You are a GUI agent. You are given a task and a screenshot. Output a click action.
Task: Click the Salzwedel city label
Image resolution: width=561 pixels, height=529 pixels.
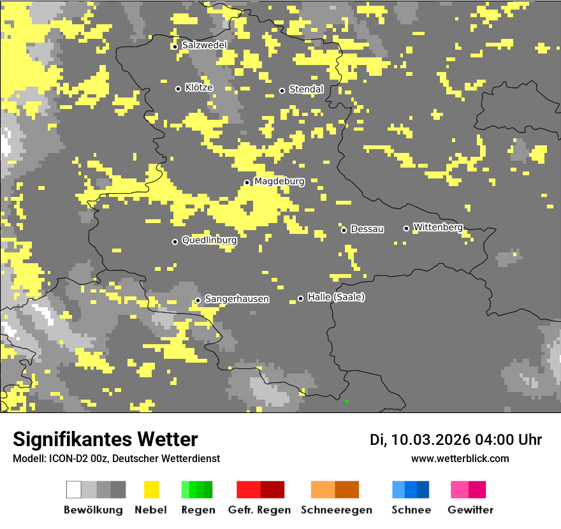[x=204, y=45]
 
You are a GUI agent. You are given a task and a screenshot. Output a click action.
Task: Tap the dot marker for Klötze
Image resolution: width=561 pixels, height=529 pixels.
[x=178, y=89]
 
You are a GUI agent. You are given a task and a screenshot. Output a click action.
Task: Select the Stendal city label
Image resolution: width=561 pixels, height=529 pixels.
[x=306, y=89]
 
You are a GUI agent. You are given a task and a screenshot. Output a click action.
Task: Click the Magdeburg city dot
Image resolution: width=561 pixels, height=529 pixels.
[x=247, y=182]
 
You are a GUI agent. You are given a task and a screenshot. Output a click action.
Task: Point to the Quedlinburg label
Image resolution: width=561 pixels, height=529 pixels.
[x=209, y=240]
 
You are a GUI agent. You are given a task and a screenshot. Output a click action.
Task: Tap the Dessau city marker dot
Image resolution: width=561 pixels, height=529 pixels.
[x=344, y=230]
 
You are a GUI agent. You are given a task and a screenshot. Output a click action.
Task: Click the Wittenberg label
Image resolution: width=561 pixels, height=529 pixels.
[x=438, y=227]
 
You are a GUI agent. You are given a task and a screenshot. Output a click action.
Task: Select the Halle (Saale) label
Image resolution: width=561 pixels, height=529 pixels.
[x=336, y=297]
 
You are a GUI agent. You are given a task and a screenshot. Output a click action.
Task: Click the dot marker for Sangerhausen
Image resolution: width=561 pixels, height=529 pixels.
[x=198, y=300]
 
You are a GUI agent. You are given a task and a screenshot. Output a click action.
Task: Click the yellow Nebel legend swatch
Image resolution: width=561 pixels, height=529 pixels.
[x=151, y=489]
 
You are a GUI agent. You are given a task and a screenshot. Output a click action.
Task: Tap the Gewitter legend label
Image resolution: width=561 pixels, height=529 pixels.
[x=470, y=510]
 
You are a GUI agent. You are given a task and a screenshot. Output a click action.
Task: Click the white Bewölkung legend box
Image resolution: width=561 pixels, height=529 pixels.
[x=74, y=489]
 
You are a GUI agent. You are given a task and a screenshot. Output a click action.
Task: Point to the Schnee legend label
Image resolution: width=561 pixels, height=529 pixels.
[x=411, y=510]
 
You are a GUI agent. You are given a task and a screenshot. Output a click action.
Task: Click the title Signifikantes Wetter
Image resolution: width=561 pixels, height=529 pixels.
[x=105, y=439]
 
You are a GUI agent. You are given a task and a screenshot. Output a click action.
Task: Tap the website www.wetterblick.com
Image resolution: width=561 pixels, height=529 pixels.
[x=460, y=458]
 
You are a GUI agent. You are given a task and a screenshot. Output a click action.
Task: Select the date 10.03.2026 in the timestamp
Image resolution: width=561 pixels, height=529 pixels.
[x=430, y=440]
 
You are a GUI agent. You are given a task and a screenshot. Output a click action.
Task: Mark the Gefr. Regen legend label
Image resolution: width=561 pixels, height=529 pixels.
[x=259, y=510]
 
